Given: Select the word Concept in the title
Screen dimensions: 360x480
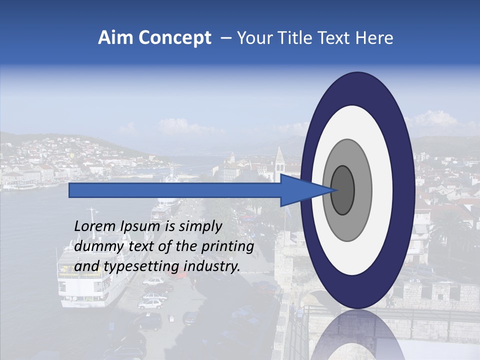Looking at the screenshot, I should pos(174,38).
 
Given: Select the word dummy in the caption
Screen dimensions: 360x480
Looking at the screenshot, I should pos(93,246).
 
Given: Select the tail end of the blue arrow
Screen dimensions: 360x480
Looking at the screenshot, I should pos(70,190).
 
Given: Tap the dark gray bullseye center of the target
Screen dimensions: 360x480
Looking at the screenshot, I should pos(342,190).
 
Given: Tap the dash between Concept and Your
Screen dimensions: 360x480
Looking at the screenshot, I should pos(225,38).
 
